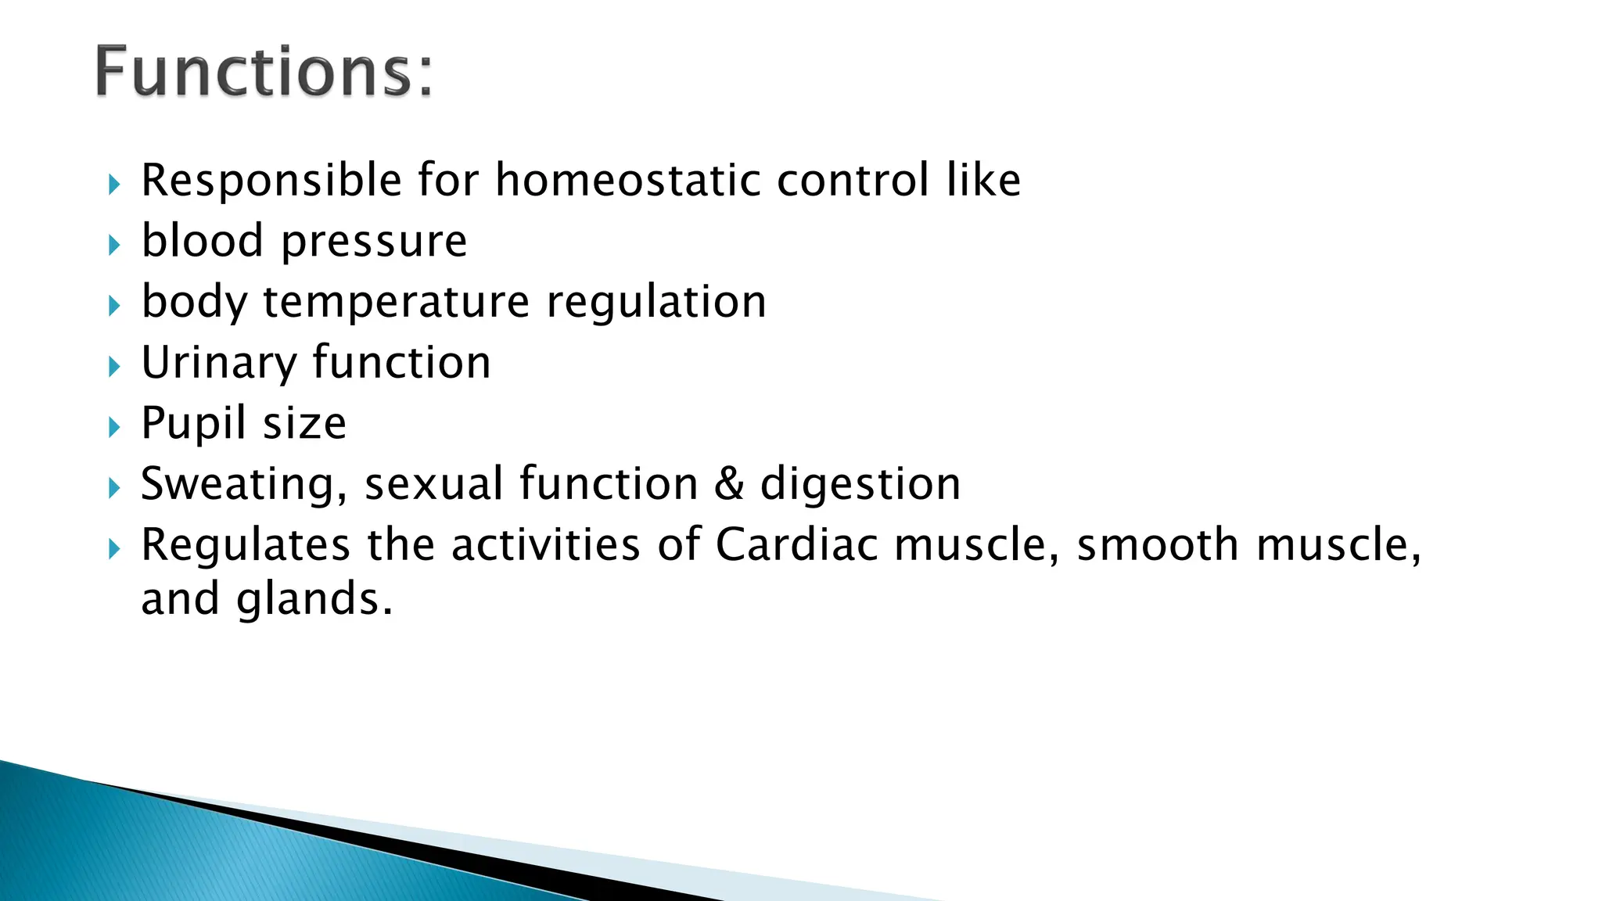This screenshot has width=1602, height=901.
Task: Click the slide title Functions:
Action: (264, 72)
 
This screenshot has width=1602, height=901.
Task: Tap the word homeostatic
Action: (628, 181)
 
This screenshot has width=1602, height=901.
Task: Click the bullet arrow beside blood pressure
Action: (115, 246)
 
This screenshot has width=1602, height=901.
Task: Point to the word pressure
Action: (374, 242)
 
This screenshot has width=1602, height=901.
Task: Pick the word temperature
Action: (397, 303)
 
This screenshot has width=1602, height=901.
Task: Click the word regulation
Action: (656, 303)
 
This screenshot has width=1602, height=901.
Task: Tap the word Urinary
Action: (219, 364)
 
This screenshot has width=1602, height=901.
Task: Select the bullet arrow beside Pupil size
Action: (115, 428)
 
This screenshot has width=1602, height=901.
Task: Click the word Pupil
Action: (193, 424)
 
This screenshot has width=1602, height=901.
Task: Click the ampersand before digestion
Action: (729, 483)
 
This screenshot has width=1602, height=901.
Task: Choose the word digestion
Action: (860, 485)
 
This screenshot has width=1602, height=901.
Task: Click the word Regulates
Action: (246, 546)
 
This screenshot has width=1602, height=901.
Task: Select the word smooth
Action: (1158, 544)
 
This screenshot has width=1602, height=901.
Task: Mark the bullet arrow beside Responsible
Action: (115, 185)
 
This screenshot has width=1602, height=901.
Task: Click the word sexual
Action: (434, 483)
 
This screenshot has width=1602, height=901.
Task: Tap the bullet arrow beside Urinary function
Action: (115, 367)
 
